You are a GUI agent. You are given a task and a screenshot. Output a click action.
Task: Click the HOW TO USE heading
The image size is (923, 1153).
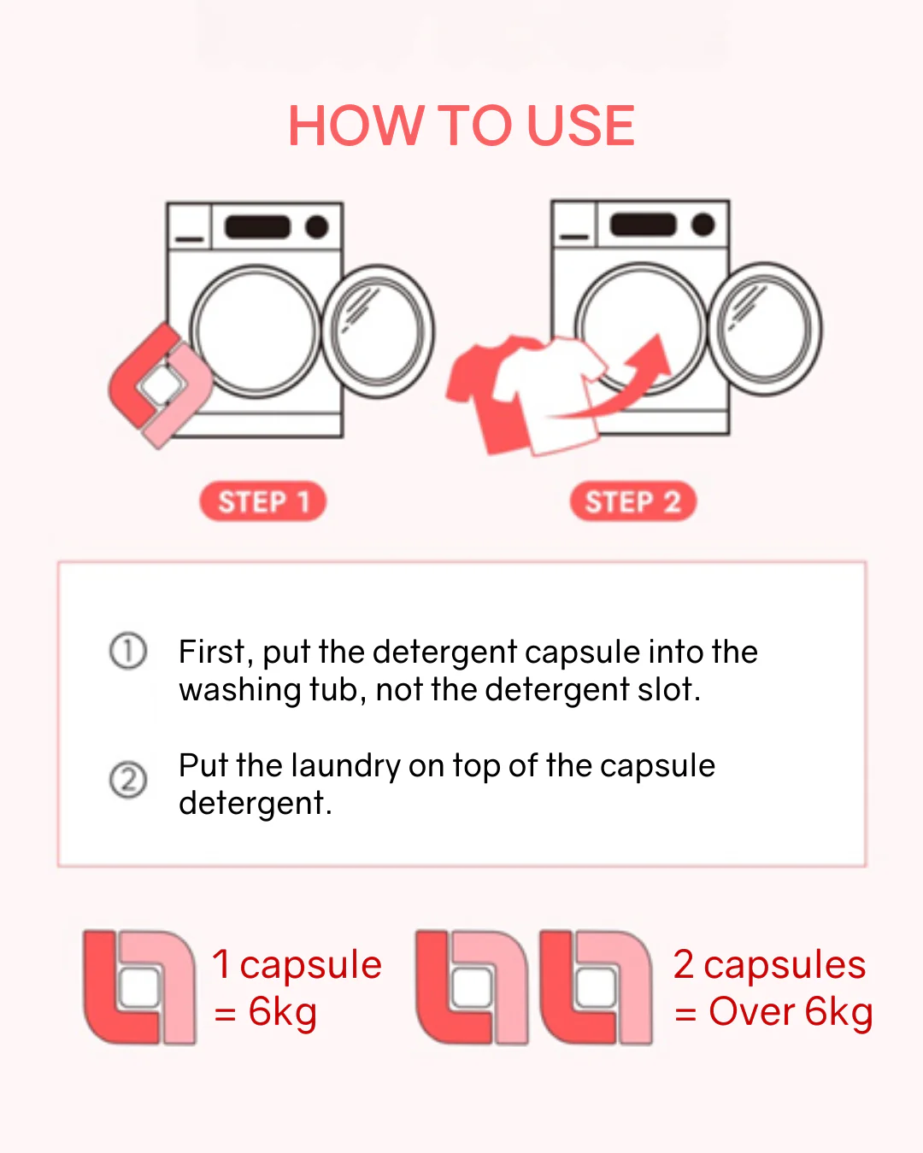click(461, 125)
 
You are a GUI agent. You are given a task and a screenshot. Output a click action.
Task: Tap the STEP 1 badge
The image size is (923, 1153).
click(262, 501)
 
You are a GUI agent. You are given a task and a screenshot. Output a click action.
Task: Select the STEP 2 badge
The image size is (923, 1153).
click(632, 501)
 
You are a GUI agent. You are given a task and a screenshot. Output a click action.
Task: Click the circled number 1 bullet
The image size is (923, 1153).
click(128, 651)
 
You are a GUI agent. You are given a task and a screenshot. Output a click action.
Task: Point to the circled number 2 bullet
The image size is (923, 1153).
click(128, 780)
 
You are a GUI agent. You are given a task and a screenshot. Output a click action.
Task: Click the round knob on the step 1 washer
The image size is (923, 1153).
click(317, 226)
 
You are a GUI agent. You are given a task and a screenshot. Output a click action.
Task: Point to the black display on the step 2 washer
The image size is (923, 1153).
click(643, 225)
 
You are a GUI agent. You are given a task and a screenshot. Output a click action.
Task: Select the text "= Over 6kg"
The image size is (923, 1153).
click(773, 1013)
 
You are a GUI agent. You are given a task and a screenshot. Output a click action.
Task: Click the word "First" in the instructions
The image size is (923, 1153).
click(212, 652)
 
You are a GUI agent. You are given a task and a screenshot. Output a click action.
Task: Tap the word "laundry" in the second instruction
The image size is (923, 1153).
click(346, 767)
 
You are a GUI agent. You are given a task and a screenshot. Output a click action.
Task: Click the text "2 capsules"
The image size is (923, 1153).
click(770, 964)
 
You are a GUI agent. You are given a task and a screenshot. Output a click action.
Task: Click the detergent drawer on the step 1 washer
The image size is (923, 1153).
click(190, 226)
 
